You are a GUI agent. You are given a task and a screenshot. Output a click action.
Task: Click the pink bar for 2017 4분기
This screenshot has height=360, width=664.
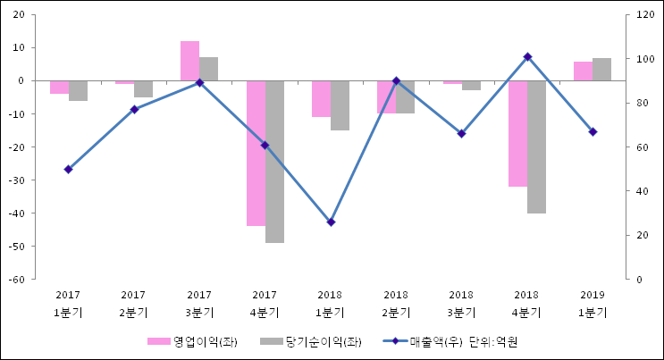(256, 153)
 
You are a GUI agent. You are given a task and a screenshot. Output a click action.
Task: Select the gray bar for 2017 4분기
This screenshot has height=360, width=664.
(274, 161)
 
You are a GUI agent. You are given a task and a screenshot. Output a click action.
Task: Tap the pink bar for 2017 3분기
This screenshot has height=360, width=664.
(189, 61)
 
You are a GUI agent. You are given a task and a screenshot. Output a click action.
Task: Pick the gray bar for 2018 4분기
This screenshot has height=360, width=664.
(536, 147)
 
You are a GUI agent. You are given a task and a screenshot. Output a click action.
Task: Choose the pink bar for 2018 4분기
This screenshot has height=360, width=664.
(517, 133)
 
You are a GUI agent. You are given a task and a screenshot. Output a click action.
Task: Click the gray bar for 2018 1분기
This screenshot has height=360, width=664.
(340, 105)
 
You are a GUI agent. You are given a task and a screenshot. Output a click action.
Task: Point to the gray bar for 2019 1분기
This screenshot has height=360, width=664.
(601, 70)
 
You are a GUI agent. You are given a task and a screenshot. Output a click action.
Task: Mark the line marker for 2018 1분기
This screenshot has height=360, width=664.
(331, 222)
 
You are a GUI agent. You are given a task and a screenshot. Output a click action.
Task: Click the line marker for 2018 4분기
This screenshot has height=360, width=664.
(527, 56)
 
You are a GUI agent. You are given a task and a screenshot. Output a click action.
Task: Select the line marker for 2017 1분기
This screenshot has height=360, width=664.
(68, 169)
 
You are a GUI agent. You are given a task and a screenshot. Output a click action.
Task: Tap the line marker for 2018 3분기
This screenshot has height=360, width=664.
(461, 133)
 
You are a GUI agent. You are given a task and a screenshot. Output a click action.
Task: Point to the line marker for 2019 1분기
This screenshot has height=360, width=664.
(593, 131)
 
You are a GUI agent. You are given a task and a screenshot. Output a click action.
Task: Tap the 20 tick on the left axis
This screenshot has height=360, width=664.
(19, 15)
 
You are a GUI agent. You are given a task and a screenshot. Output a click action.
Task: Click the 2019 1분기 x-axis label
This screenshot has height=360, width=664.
(593, 303)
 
